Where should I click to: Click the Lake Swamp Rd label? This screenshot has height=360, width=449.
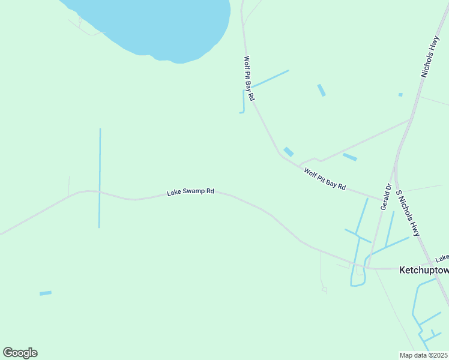(190, 192)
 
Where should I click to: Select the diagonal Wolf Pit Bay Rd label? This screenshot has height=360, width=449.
(325, 179)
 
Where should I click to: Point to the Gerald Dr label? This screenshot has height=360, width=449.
(385, 196)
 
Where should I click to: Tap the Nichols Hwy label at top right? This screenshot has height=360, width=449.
(431, 57)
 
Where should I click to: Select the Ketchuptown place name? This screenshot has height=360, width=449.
(424, 271)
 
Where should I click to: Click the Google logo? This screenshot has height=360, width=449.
(20, 353)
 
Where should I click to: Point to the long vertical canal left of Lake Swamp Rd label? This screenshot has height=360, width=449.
(100, 178)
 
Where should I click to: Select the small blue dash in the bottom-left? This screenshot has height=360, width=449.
(46, 293)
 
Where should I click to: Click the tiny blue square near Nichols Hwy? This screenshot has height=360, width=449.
(400, 95)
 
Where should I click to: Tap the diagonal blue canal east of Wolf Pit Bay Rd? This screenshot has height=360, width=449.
(270, 79)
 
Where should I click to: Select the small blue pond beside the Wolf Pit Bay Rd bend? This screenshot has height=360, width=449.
(289, 152)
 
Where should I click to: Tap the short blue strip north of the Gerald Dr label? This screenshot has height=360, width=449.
(349, 157)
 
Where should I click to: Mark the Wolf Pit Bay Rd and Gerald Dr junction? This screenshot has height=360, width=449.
(381, 198)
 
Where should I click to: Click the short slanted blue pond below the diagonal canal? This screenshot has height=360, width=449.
(321, 90)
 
